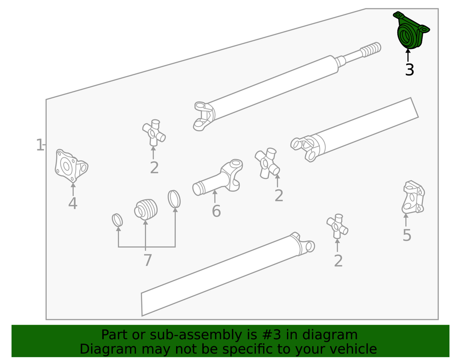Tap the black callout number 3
(x=409, y=70)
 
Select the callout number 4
(x=73, y=203)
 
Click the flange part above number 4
(x=71, y=166)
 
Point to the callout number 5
(x=407, y=235)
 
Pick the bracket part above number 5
(x=413, y=197)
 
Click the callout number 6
(x=216, y=211)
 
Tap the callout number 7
(x=148, y=260)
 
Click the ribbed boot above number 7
(x=146, y=209)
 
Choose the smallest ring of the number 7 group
(x=117, y=220)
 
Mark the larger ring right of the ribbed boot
(x=174, y=199)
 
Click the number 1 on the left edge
(x=40, y=145)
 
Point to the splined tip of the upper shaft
(x=371, y=49)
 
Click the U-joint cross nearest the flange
(x=154, y=133)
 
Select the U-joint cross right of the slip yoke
(x=267, y=163)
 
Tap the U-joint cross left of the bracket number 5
(x=337, y=226)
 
